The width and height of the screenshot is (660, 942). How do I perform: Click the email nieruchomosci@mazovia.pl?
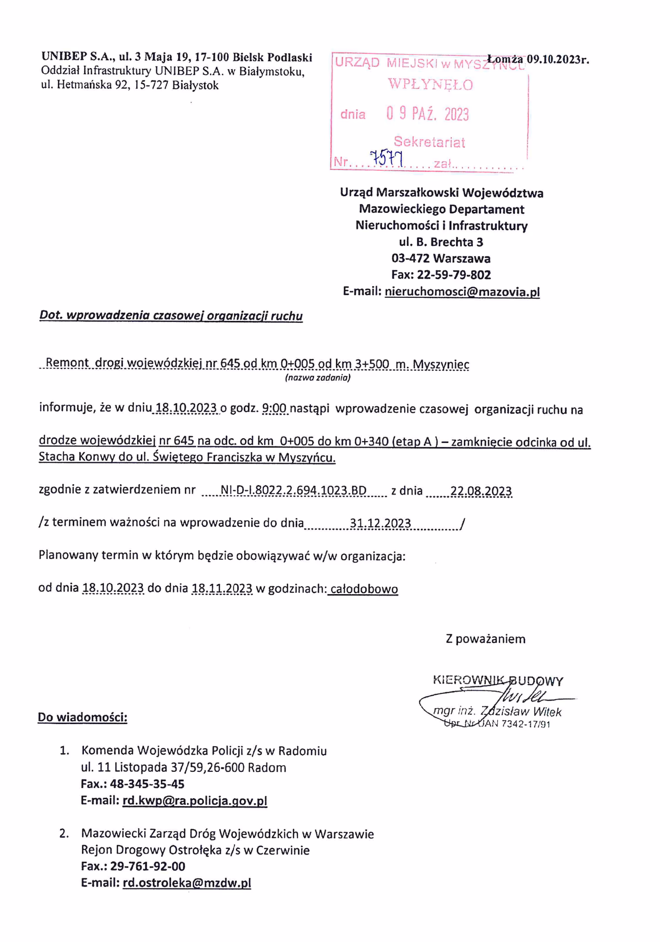(x=462, y=292)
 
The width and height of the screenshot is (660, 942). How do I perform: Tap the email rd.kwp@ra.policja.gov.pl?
(x=195, y=801)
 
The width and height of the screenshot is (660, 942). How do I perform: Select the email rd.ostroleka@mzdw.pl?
(x=187, y=883)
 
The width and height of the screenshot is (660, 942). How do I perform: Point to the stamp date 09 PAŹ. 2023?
(x=427, y=114)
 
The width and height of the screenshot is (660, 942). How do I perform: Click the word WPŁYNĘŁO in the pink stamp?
(x=430, y=85)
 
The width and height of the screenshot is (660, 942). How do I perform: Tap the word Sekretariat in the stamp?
(x=429, y=142)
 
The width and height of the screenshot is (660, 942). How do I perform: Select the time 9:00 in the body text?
(x=275, y=409)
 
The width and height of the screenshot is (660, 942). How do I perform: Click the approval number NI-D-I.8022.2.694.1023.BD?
(x=294, y=491)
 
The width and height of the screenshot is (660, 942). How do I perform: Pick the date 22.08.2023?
(x=481, y=491)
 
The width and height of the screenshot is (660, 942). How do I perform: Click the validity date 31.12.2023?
(x=380, y=523)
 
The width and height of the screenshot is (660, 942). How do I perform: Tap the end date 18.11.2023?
(x=222, y=588)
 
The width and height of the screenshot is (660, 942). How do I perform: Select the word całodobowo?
(x=363, y=589)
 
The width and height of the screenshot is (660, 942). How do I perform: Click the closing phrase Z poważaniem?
(x=485, y=639)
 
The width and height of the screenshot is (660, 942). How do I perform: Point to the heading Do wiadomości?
(x=82, y=717)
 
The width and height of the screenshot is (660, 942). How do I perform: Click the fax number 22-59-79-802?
(x=454, y=275)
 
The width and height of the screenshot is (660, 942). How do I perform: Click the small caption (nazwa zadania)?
(x=318, y=378)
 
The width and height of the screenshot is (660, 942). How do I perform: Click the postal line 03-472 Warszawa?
(x=440, y=258)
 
